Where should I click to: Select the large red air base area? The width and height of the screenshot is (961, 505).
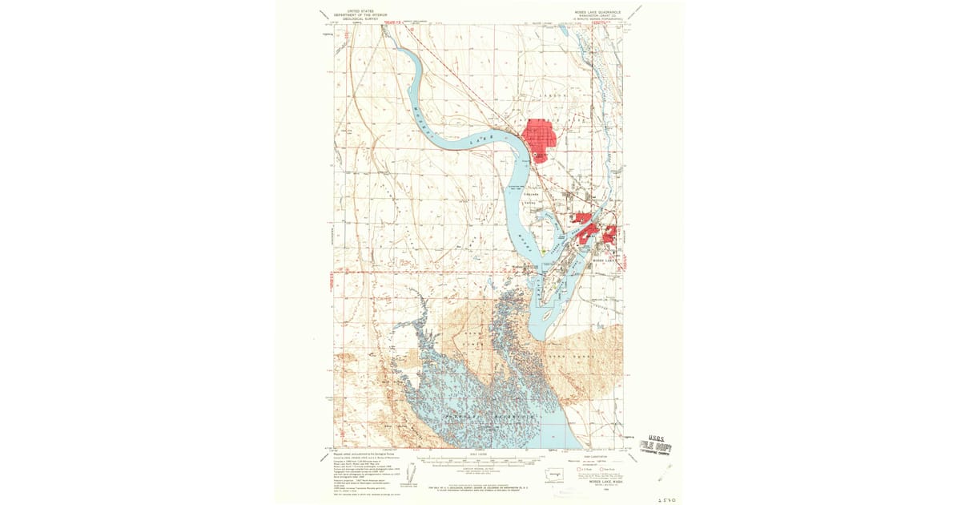pos(538,139)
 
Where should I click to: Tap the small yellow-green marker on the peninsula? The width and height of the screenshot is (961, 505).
pos(543,251)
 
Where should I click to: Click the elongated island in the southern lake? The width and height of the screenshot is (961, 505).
pos(546,316)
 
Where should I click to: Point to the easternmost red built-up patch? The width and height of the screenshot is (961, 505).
pos(610,234)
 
